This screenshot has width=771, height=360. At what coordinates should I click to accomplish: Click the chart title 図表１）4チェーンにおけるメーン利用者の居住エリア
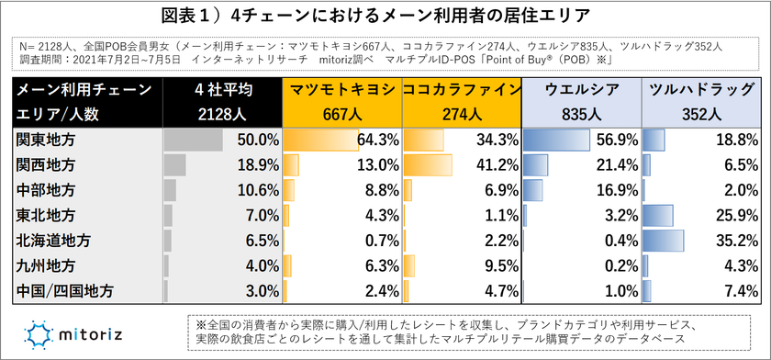(x=385, y=17)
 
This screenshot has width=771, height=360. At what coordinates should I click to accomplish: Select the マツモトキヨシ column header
(x=342, y=90)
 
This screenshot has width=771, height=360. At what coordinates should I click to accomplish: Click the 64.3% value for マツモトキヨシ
(x=376, y=141)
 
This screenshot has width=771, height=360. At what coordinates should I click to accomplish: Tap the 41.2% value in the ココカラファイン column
(x=495, y=165)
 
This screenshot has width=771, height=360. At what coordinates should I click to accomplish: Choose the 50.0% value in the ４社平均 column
(x=257, y=141)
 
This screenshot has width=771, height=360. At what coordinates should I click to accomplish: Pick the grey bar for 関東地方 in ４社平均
(x=193, y=141)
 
